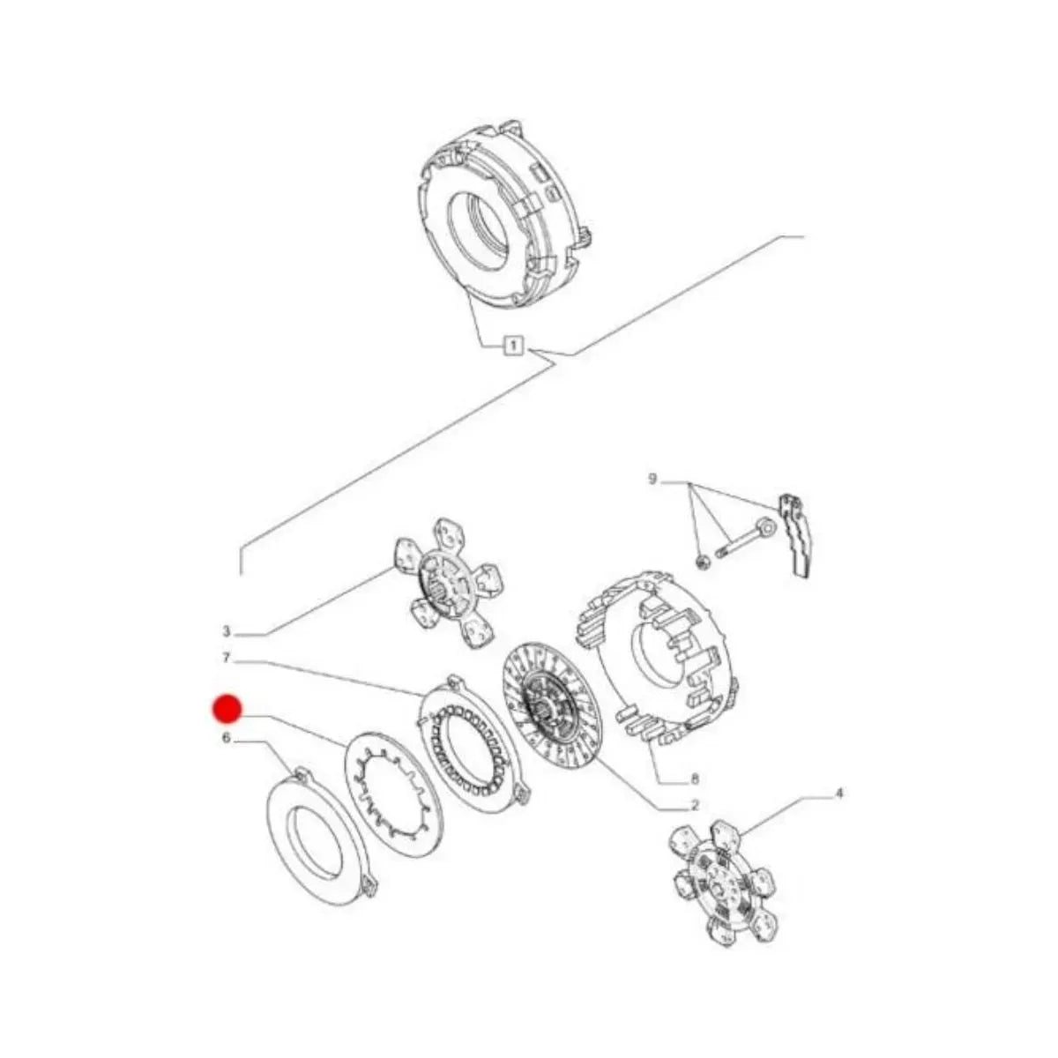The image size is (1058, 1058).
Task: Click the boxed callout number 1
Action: pyautogui.click(x=512, y=346)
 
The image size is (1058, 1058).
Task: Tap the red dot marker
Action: pyautogui.click(x=227, y=708)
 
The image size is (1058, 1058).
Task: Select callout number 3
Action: pyautogui.click(x=227, y=631)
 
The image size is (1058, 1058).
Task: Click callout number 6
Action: pyautogui.click(x=227, y=739)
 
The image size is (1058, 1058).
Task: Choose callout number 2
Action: pyautogui.click(x=694, y=821)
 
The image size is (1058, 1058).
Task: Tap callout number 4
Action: pyautogui.click(x=838, y=808)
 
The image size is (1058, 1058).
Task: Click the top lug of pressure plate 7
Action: pyautogui.click(x=453, y=682)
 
